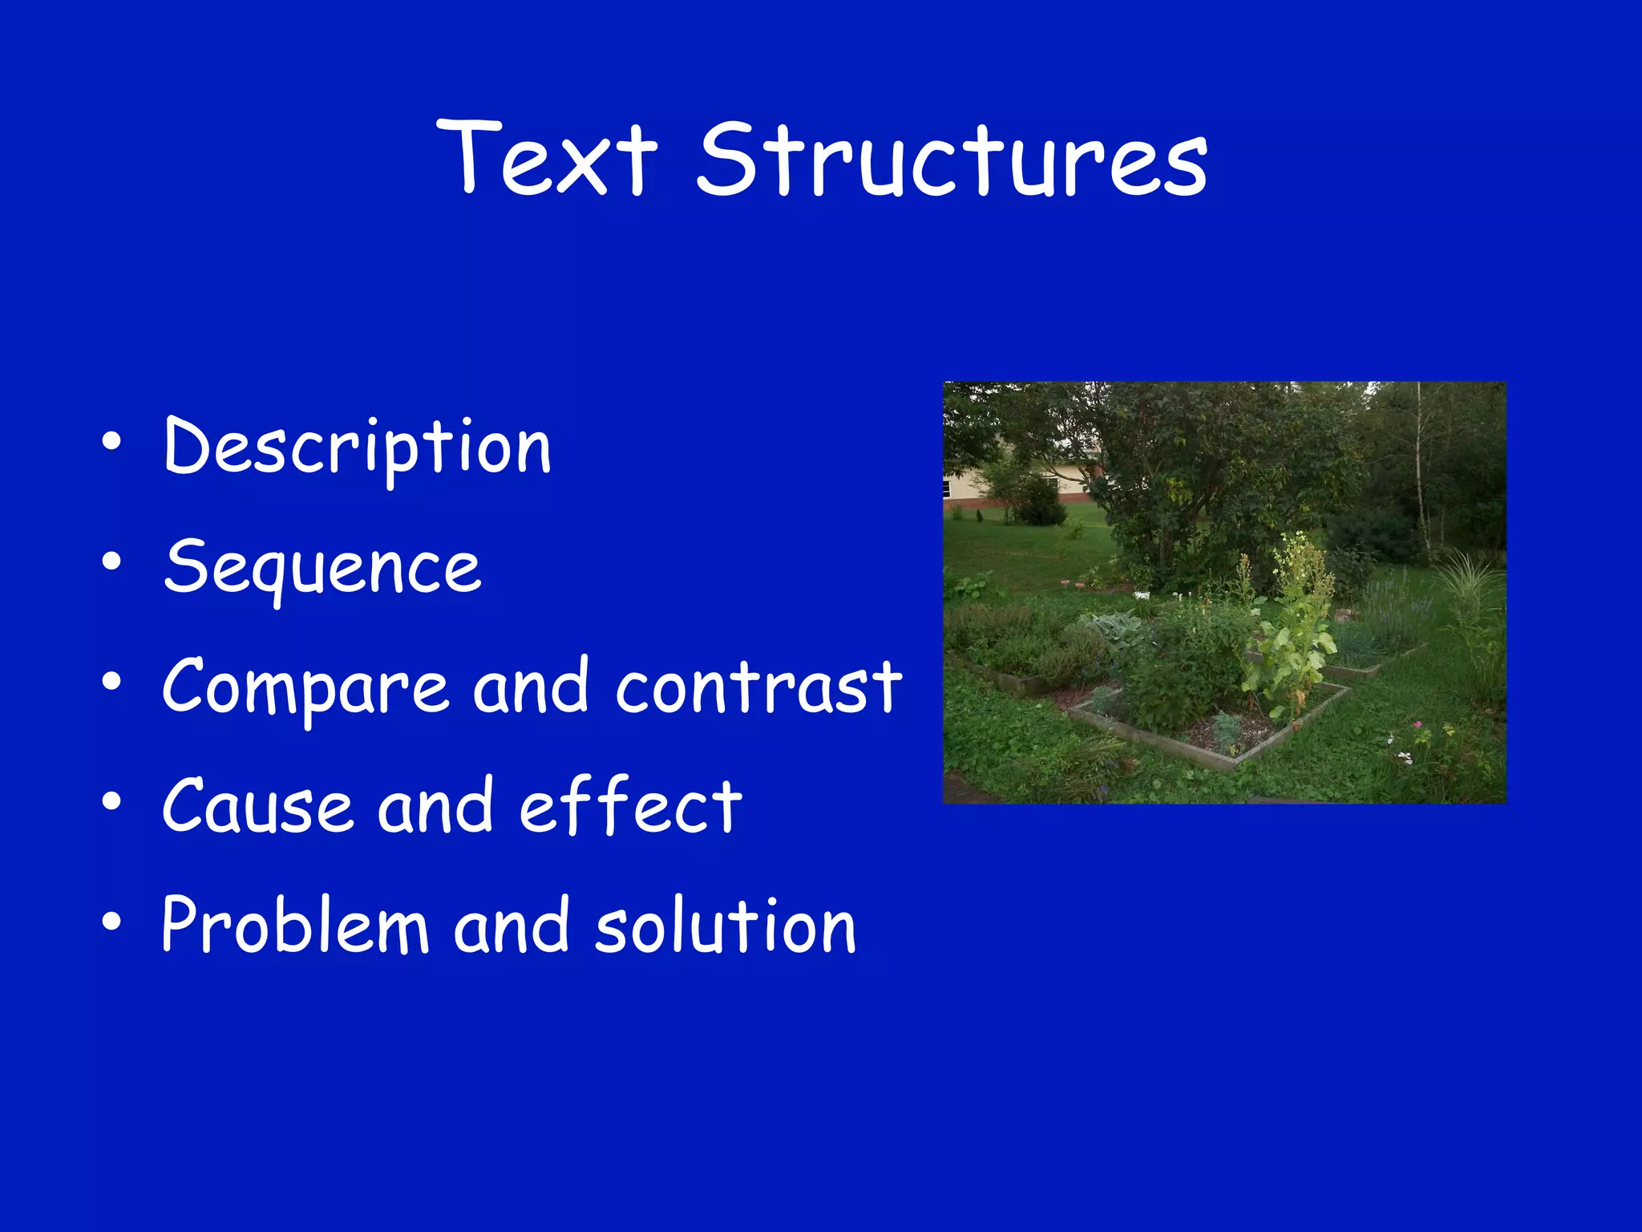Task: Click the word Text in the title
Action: click(x=548, y=158)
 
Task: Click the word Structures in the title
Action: click(x=952, y=160)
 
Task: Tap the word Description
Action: click(x=357, y=448)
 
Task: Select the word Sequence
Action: click(x=322, y=568)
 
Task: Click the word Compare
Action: click(x=305, y=688)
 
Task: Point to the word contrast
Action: click(x=758, y=687)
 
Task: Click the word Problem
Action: click(x=295, y=926)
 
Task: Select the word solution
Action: click(x=726, y=926)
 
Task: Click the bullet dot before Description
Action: click(x=111, y=442)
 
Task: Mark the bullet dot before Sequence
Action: click(x=111, y=562)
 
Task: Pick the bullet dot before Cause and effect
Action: click(x=111, y=801)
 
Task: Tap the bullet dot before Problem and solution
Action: click(x=111, y=922)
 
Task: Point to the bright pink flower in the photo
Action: click(x=1418, y=725)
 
